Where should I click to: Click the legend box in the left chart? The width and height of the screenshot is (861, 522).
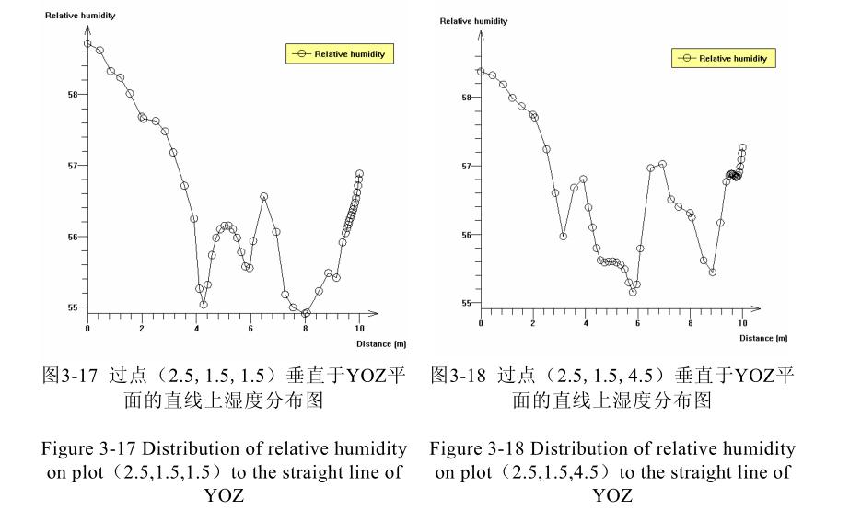point(341,53)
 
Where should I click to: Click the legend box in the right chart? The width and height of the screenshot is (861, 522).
point(724,58)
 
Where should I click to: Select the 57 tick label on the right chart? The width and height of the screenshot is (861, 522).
point(468,167)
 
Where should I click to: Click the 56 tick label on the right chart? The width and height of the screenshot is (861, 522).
point(468,235)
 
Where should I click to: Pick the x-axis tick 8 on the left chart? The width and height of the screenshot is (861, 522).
point(306,328)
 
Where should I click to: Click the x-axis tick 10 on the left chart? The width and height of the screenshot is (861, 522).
point(359,328)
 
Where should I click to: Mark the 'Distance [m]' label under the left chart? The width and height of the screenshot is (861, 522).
point(381,343)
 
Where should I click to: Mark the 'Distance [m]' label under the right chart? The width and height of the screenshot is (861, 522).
point(763,338)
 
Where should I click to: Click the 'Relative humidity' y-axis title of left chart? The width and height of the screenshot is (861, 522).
point(80,16)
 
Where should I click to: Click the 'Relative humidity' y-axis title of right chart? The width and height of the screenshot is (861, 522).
point(473,21)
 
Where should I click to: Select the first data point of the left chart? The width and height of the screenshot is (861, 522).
point(87,43)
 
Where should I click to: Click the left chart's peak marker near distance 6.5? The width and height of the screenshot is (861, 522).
point(263,196)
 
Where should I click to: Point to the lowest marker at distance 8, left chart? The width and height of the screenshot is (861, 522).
point(306,313)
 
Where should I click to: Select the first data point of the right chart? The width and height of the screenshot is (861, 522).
point(481,71)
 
